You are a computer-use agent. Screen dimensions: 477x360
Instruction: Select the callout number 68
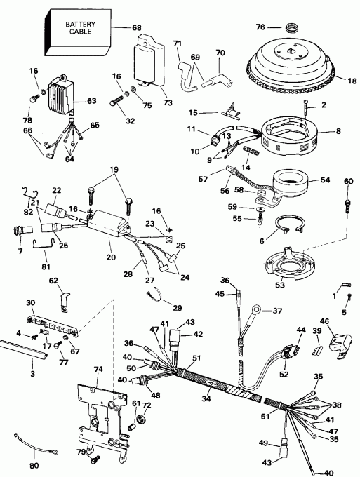(x=135, y=27)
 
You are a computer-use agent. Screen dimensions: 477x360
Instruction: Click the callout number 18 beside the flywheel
(x=349, y=82)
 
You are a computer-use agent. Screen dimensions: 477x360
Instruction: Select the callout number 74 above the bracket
(x=98, y=370)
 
